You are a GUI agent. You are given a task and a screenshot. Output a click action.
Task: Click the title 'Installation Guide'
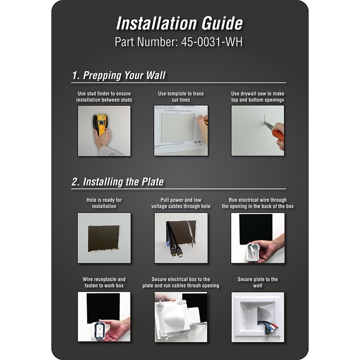click(180, 23)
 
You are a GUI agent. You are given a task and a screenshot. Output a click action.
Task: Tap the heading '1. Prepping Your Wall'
click(119, 75)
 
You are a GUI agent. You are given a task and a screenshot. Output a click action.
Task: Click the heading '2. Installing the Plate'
click(117, 182)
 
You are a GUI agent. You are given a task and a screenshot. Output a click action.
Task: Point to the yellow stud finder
click(99, 124)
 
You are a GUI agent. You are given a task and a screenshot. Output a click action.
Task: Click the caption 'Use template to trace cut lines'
click(180, 96)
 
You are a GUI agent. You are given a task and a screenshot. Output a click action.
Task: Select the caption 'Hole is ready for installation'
click(104, 203)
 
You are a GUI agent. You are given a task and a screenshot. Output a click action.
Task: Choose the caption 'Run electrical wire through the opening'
click(257, 203)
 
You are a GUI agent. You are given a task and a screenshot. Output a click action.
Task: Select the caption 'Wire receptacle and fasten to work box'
click(104, 282)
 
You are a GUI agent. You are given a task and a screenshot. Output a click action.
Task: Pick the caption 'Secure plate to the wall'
click(257, 282)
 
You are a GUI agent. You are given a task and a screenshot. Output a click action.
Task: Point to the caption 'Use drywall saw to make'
click(257, 94)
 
